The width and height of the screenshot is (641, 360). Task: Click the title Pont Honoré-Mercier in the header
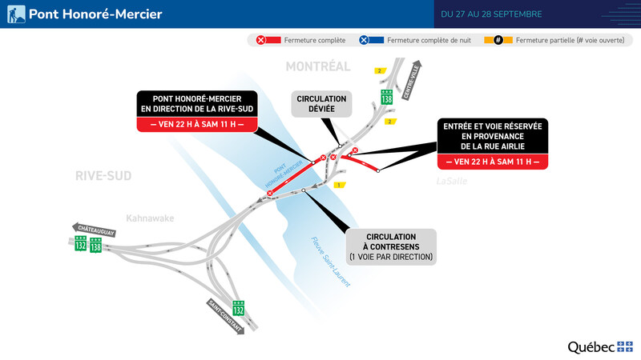[95, 14]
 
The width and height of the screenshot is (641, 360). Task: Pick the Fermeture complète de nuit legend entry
[417, 39]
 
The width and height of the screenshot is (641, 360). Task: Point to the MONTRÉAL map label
[318, 66]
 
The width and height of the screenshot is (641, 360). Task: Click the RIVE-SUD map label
[103, 175]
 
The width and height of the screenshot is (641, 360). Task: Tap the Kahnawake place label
[149, 218]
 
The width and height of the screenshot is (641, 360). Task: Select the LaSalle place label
[452, 182]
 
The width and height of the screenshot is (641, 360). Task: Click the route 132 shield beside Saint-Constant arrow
[238, 308]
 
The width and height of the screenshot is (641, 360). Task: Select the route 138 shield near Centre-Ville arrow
[386, 97]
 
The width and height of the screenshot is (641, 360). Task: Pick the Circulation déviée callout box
[321, 104]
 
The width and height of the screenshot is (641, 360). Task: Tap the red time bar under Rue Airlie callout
[491, 162]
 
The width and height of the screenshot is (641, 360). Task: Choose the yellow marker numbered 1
[339, 185]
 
